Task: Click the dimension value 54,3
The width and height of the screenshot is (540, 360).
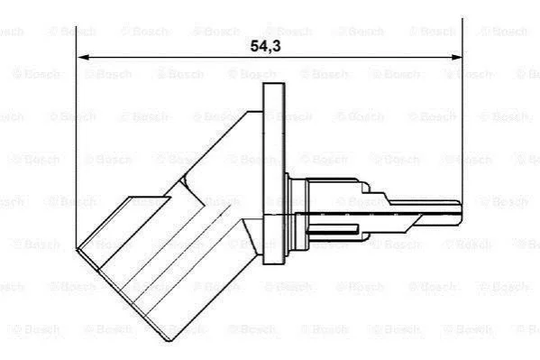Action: [265, 46]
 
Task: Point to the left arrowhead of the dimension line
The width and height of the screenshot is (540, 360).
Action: [83, 57]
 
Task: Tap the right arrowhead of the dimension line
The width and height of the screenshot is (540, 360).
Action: [455, 57]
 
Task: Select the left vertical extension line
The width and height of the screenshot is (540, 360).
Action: [76, 137]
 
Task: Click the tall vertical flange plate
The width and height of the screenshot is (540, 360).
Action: [274, 174]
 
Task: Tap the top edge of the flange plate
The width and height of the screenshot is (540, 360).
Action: [274, 83]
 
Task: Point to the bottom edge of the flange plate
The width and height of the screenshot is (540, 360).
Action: [274, 263]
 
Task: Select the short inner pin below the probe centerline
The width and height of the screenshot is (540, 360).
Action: [334, 228]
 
